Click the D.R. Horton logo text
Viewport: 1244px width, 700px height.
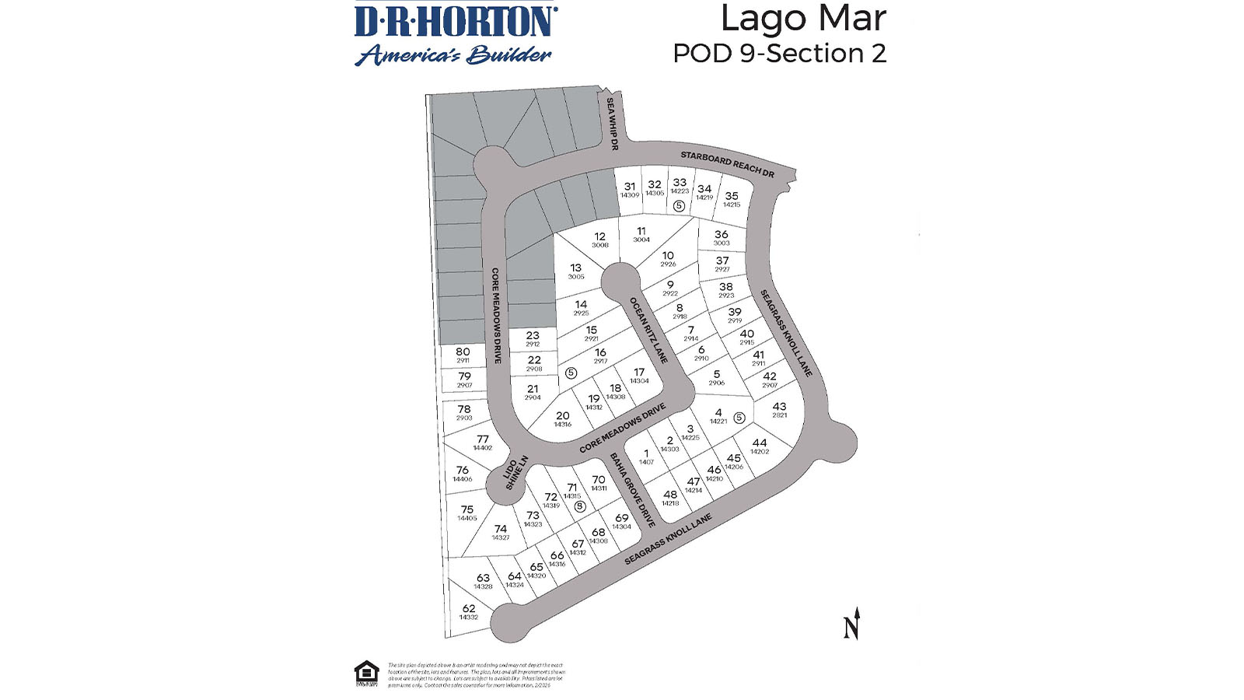point(456,23)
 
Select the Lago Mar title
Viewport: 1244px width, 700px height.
point(802,19)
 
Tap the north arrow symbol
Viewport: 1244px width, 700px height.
point(852,624)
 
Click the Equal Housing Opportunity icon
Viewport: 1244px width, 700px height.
point(366,673)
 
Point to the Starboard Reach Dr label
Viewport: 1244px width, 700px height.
point(727,163)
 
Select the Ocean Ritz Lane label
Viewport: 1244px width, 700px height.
point(648,330)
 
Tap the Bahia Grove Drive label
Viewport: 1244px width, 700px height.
point(632,489)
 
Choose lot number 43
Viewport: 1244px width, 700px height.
point(779,407)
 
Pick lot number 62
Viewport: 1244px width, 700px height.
point(468,609)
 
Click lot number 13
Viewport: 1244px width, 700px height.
point(575,268)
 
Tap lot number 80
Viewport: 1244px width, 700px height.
point(463,352)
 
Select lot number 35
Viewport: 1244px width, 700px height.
point(732,196)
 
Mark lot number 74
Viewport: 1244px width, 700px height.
point(500,529)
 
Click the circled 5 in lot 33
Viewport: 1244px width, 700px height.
point(679,206)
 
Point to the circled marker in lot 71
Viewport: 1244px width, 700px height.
point(579,506)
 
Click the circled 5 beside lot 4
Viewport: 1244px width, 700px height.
point(739,418)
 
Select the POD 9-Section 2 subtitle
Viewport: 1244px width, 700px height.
point(779,54)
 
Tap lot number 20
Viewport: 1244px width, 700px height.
point(562,416)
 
